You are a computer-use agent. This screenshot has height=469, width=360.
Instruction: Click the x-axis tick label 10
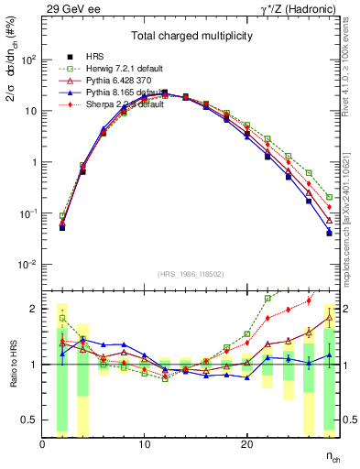coord(145,444)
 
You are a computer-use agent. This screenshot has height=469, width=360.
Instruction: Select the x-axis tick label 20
coord(246,444)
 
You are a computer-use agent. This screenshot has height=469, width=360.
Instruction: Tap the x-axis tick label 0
coord(43,444)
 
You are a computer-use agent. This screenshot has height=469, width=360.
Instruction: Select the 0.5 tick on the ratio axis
coord(30,420)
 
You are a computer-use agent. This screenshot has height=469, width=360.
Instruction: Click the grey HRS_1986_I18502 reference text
coord(191,274)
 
